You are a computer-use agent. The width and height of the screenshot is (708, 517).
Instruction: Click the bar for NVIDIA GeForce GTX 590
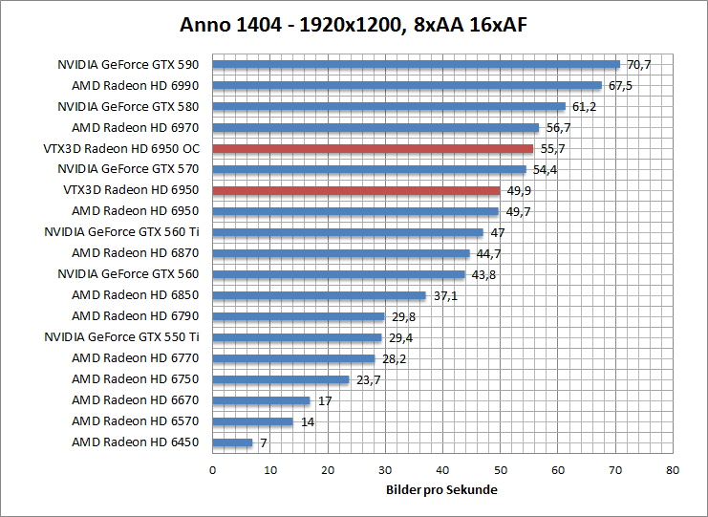tap(416, 65)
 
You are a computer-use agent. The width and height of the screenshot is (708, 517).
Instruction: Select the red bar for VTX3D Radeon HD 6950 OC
tap(373, 148)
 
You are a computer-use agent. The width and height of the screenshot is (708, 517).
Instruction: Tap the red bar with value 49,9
tap(355, 190)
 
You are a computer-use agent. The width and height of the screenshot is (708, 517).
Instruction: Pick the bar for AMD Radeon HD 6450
tap(232, 442)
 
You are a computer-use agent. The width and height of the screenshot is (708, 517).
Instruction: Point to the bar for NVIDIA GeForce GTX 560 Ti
tap(348, 232)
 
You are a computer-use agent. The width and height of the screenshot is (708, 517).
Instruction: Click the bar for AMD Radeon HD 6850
tap(319, 295)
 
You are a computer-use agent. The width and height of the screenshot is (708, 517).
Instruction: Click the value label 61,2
tap(583, 107)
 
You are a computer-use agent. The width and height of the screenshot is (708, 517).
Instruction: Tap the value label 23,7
tap(367, 379)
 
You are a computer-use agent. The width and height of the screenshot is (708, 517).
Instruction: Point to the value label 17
tap(324, 400)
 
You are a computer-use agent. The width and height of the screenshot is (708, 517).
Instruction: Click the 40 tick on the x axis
tap(442, 470)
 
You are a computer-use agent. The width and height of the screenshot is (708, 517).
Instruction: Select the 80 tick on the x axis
tap(673, 470)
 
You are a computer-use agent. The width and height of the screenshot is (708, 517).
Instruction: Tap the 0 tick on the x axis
tap(212, 470)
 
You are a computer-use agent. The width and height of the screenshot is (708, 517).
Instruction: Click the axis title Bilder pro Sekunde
tap(442, 490)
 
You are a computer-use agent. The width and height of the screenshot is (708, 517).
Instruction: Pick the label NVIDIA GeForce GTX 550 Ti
tap(121, 337)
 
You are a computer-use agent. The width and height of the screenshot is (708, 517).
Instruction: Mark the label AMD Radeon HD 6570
tap(135, 421)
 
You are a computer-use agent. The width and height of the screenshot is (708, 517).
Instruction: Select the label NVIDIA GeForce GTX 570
tap(128, 169)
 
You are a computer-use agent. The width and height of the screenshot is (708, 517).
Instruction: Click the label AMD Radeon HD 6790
tap(135, 316)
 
